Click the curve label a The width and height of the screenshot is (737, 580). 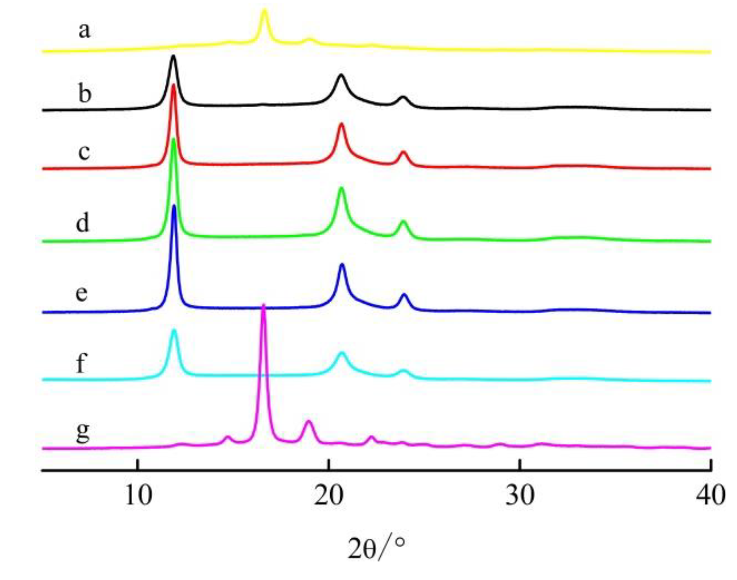point(84,31)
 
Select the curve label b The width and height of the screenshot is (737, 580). point(84,94)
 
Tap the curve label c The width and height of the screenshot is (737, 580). point(84,152)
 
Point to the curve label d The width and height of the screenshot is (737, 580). point(83,223)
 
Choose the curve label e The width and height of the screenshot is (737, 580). point(82,293)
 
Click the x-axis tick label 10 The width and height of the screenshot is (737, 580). point(138,496)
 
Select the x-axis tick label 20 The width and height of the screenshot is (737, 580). point(329,496)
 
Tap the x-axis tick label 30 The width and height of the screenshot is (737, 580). point(520,496)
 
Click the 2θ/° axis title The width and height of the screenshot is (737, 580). point(376,548)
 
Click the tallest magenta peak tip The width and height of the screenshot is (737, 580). point(263,305)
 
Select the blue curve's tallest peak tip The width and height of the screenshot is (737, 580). point(174,206)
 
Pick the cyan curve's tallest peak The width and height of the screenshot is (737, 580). point(174,330)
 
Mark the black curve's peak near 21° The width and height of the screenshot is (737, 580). point(342,75)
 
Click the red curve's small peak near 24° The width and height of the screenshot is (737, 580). point(404,152)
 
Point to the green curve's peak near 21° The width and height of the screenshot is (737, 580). point(342,188)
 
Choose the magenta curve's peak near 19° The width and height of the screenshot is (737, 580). point(308,421)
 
